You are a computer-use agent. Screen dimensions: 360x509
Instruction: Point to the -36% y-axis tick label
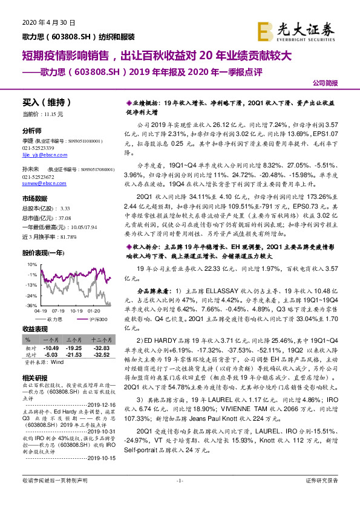[30, 306]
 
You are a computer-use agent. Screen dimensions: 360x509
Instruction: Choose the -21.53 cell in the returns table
[74, 354]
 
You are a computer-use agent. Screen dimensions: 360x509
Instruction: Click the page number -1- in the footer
[180, 497]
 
